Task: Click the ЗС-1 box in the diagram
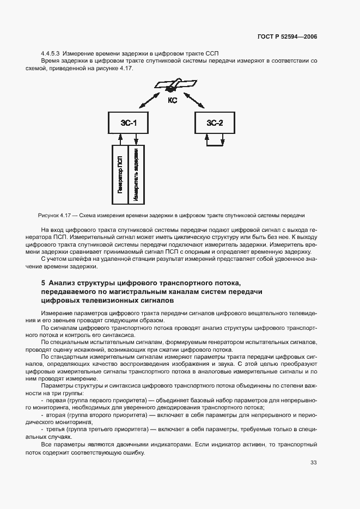tap(128, 123)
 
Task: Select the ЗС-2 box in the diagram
tap(214, 123)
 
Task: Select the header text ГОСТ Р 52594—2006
tap(288, 36)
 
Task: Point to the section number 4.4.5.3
tap(51, 53)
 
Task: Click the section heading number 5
tap(43, 283)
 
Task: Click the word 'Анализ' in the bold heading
tap(62, 283)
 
